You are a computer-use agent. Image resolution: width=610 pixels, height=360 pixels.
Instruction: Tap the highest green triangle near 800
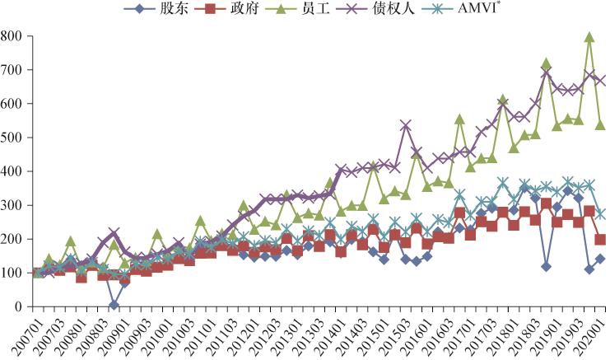pyautogui.click(x=589, y=37)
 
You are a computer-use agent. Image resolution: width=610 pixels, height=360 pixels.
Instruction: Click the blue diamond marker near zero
pyautogui.click(x=114, y=305)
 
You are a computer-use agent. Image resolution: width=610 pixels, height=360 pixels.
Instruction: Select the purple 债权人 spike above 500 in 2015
pyautogui.click(x=406, y=125)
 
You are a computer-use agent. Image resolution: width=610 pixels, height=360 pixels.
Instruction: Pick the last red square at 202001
pyautogui.click(x=600, y=240)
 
